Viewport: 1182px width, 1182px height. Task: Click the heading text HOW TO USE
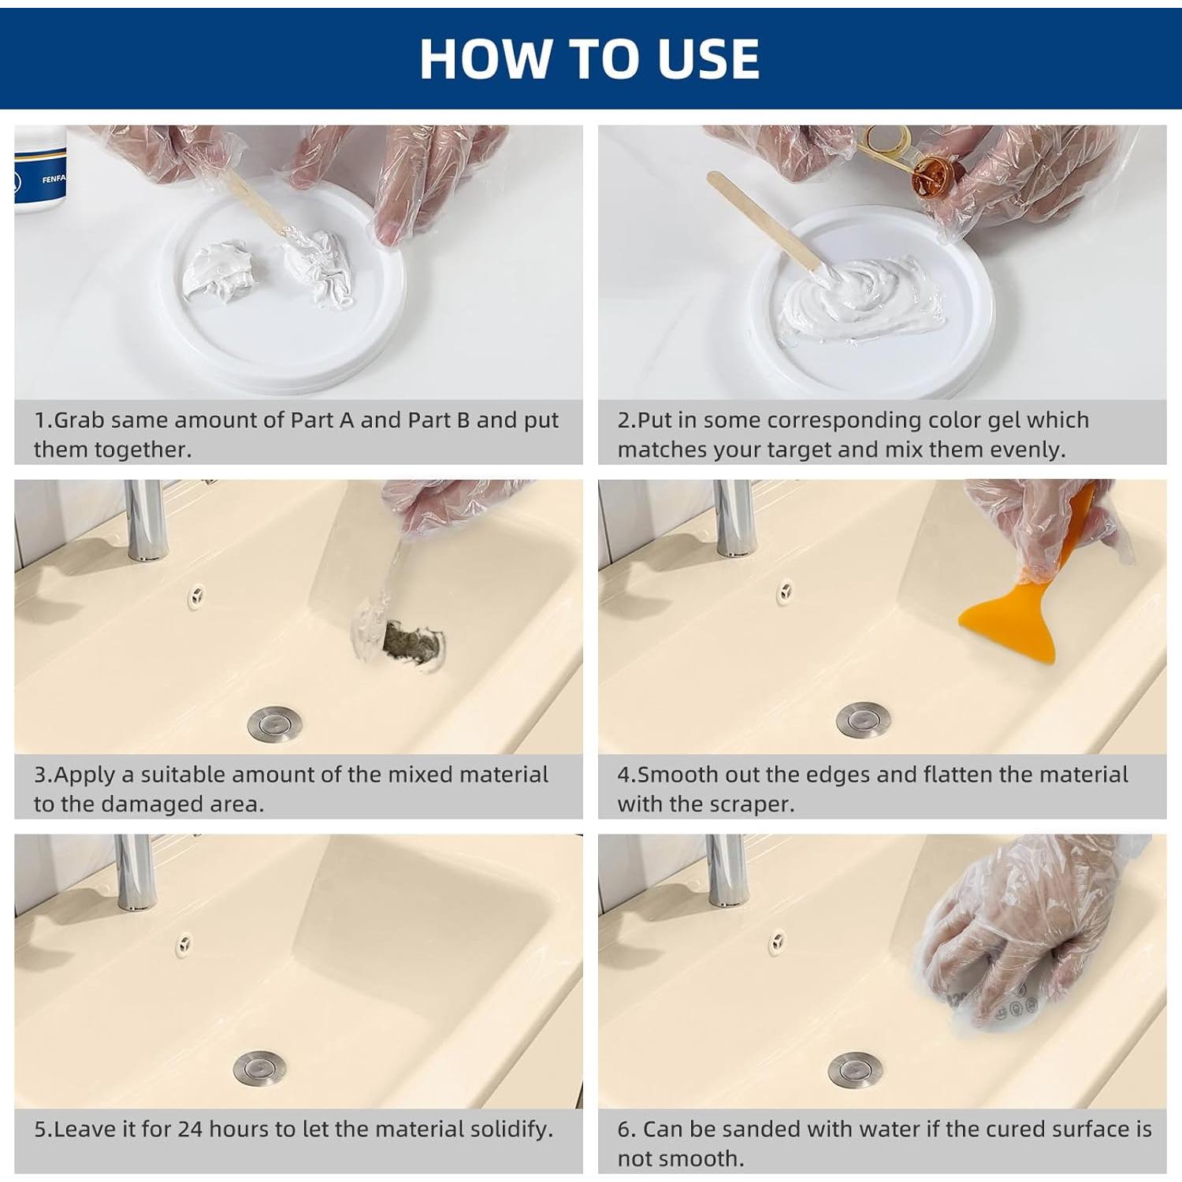point(589,58)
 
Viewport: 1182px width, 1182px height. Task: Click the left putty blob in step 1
point(218,272)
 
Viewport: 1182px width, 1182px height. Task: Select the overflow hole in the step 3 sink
point(196,597)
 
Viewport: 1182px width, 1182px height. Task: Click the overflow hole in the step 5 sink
point(184,942)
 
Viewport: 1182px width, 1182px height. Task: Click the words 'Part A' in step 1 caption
point(322,420)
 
